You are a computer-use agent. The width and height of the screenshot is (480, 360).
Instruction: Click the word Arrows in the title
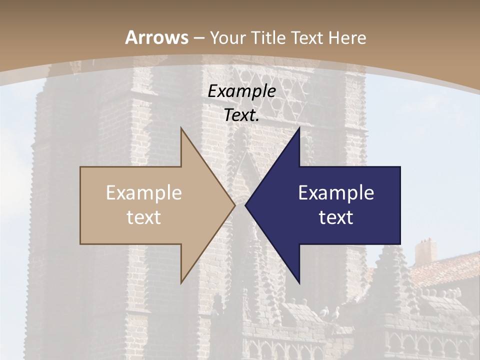point(156,37)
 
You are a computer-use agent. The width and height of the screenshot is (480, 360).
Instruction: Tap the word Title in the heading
point(267,37)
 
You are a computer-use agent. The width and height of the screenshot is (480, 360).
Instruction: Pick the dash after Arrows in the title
point(199,38)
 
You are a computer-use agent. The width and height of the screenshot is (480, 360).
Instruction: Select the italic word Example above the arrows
point(241,91)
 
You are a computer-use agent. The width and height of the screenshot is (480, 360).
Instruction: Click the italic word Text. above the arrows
point(241,115)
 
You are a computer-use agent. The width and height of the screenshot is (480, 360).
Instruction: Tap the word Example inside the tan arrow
point(144,192)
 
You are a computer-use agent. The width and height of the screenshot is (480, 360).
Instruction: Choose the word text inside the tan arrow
point(144,217)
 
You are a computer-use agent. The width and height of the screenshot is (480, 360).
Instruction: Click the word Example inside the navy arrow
point(336,192)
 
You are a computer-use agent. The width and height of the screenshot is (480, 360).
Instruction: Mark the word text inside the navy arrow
point(336,217)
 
